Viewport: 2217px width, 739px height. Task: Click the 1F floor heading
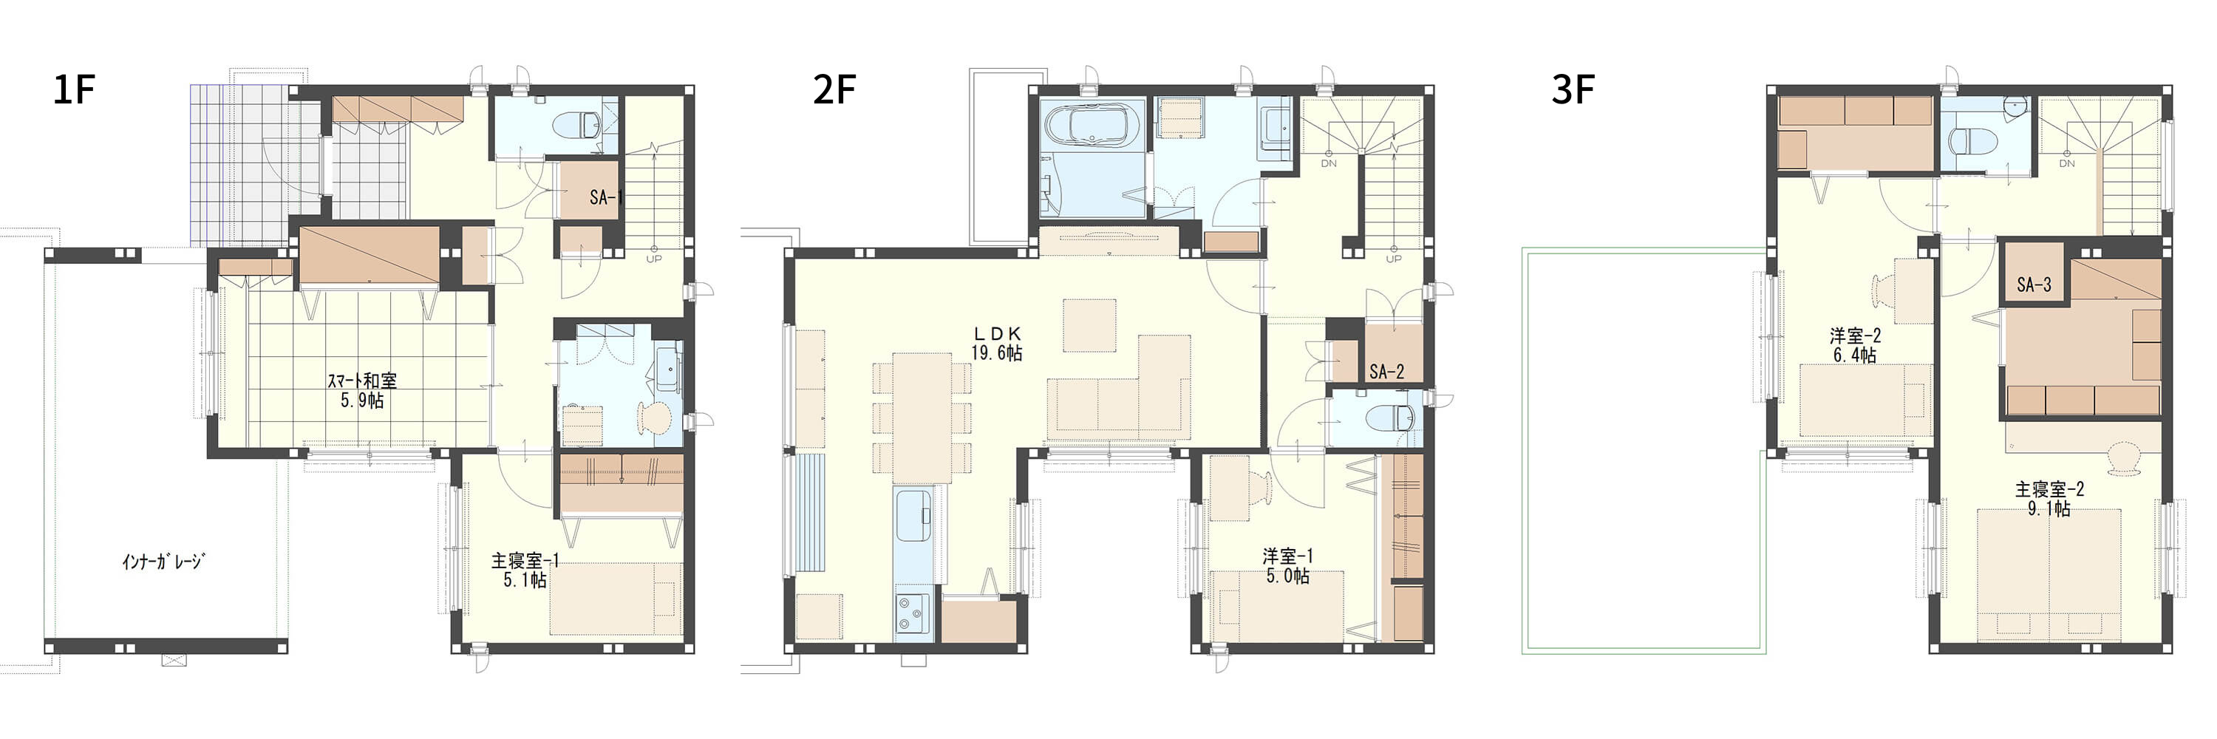pyautogui.click(x=74, y=89)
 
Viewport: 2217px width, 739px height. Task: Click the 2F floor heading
pyautogui.click(x=834, y=89)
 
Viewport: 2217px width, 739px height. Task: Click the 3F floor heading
pyautogui.click(x=1573, y=89)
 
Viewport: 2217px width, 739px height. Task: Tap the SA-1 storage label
pyautogui.click(x=605, y=198)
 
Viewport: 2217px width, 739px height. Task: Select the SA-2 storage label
pyautogui.click(x=1386, y=372)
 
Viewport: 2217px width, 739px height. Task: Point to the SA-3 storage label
pyautogui.click(x=2034, y=284)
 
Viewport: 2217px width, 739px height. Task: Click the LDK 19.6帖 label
pyautogui.click(x=997, y=342)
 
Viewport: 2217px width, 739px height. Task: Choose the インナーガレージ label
pyautogui.click(x=163, y=562)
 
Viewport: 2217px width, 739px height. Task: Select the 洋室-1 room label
pyautogui.click(x=1287, y=566)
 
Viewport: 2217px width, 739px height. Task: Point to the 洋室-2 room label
pyautogui.click(x=1855, y=345)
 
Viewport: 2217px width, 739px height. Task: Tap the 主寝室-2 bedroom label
pyautogui.click(x=2049, y=499)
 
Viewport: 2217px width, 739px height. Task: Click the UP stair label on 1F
pyautogui.click(x=653, y=258)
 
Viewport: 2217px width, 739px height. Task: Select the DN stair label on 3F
pyautogui.click(x=2066, y=163)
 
